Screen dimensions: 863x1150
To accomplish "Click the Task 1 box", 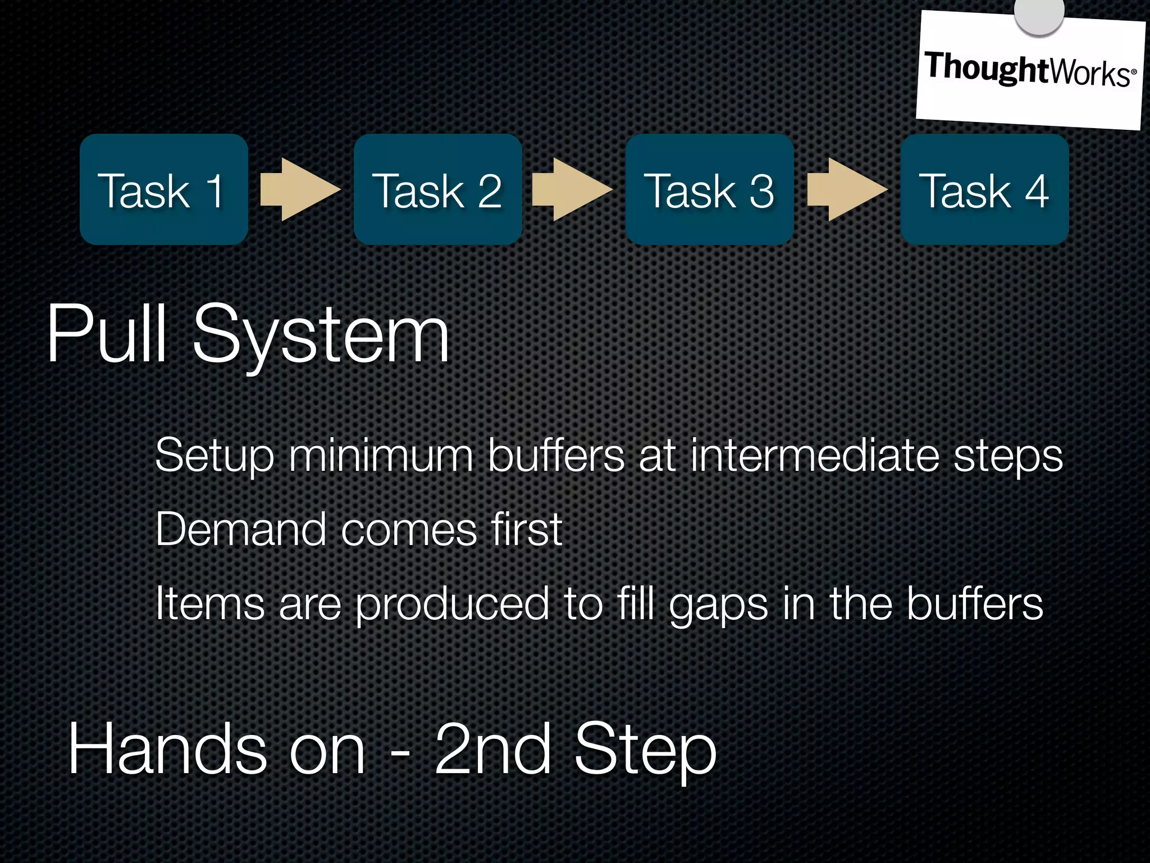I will pos(163,189).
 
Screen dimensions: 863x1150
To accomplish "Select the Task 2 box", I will pos(437,189).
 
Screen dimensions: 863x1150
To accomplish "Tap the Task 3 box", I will pos(710,189).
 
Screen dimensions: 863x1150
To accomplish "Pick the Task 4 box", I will pos(984,189).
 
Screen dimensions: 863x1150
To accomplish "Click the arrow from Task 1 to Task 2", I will pos(300,189).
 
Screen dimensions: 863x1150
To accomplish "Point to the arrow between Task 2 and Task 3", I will pos(572,189).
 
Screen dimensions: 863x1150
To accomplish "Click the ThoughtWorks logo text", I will pos(1029,70).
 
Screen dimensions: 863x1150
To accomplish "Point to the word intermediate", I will pos(814,455).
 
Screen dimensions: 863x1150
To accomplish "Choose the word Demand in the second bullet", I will pos(241,529).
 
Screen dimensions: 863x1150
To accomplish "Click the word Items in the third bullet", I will pos(209,603).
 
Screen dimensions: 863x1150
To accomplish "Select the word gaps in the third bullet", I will pos(718,606).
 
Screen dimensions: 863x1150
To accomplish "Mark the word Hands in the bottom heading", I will pos(167,750).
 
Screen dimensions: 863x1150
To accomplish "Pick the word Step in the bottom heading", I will pos(645,752).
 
